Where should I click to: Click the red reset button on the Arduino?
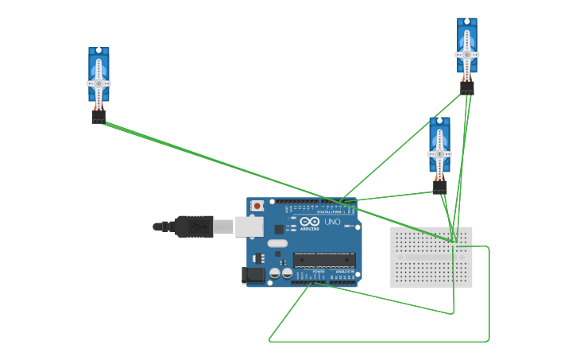point(257,206)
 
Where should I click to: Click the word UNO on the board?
point(332,223)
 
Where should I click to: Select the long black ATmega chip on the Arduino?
point(324,259)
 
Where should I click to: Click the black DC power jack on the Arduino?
point(253,275)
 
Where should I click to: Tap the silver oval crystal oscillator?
point(276,242)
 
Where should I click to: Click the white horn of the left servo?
point(99,83)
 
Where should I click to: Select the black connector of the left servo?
point(99,116)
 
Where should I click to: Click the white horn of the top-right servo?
point(467,55)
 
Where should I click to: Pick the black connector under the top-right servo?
point(467,87)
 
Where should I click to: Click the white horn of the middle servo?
point(439,153)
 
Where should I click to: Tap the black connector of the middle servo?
point(439,187)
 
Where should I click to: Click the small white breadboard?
point(431,257)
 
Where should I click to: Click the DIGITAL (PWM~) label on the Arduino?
point(329,212)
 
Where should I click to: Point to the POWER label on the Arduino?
point(319,271)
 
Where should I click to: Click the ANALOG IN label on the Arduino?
point(343,271)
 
